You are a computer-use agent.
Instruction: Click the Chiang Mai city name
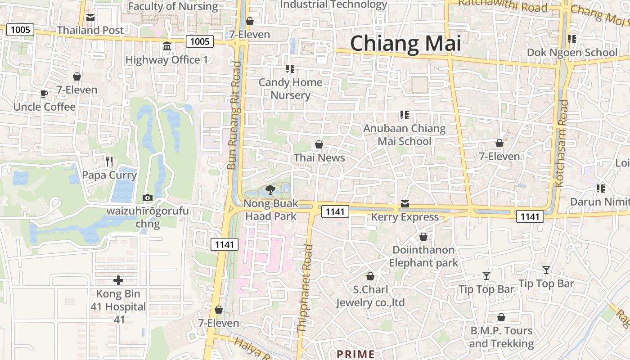pos(405,44)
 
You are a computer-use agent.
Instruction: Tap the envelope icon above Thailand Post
pos(90,18)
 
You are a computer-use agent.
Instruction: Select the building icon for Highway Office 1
pos(167,46)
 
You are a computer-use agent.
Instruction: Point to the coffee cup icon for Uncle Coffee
pos(44,94)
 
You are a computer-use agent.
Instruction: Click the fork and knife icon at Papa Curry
pos(109,161)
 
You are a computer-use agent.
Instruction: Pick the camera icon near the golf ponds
pos(147,198)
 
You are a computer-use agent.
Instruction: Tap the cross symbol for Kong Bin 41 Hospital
pos(118,280)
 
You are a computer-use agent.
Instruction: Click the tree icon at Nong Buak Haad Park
pos(270,189)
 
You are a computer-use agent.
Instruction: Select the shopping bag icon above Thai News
pos(319,144)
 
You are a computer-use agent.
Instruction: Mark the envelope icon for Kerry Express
pos(405,204)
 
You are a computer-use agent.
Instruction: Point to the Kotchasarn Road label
pos(562,143)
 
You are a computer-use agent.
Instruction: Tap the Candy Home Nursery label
pos(290,89)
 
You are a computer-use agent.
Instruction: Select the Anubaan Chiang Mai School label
pos(405,135)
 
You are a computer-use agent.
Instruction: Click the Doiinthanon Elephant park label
pos(423,256)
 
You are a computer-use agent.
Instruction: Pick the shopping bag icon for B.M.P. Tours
pos(501,317)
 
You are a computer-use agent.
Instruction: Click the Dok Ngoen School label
pos(572,53)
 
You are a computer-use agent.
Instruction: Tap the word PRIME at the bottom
pos(355,354)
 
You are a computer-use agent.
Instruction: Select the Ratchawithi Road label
pos(503,5)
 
